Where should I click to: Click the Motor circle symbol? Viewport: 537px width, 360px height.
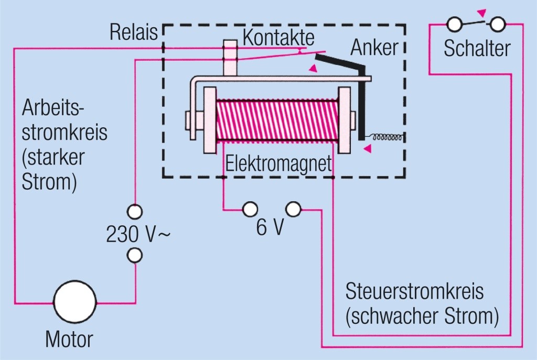(75, 302)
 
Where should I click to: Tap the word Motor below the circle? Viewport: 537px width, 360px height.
(69, 339)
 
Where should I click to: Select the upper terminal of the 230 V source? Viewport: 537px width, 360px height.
(135, 211)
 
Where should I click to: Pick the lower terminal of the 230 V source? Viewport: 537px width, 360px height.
(135, 256)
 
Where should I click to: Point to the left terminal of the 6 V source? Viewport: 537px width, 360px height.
(250, 210)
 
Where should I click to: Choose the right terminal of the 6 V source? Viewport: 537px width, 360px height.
(294, 210)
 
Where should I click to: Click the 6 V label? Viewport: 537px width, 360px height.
(270, 228)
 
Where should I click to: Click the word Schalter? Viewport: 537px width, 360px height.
(477, 48)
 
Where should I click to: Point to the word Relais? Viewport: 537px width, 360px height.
(134, 32)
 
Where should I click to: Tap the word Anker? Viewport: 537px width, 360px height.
(374, 48)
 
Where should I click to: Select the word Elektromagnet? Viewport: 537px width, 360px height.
(279, 164)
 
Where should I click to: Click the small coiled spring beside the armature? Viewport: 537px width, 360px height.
(387, 137)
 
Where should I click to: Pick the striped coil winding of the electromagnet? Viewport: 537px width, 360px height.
(277, 120)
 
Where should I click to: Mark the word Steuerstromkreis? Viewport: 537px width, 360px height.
(414, 292)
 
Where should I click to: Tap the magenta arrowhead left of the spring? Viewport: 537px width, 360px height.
(369, 149)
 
